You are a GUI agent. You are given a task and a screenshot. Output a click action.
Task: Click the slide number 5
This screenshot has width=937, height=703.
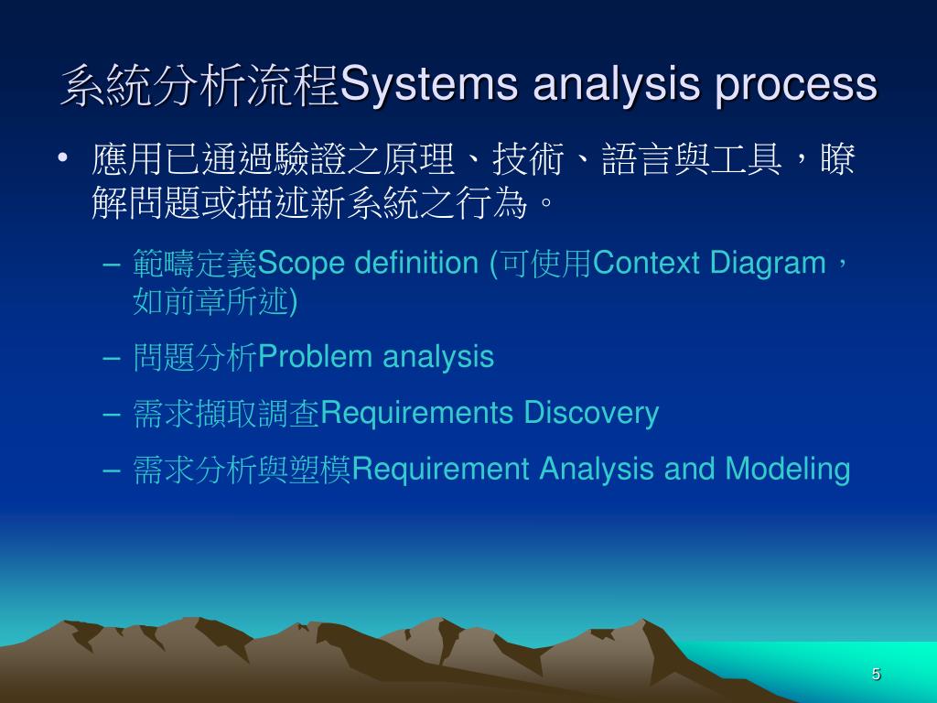876,675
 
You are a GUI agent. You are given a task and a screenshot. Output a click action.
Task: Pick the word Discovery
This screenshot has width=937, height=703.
590,414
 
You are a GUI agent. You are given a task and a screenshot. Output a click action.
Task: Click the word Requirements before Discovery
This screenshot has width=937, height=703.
418,414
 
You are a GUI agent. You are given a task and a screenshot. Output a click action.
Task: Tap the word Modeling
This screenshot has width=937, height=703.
788,470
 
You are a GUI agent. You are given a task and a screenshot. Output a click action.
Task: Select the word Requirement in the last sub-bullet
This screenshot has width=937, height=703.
441,470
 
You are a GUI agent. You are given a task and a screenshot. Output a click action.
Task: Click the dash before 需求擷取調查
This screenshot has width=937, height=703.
112,414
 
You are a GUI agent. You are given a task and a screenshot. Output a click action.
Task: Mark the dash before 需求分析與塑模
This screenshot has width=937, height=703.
112,470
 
